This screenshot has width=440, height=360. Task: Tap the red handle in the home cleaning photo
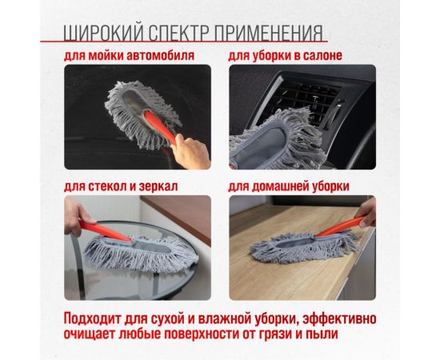point(342,230)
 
